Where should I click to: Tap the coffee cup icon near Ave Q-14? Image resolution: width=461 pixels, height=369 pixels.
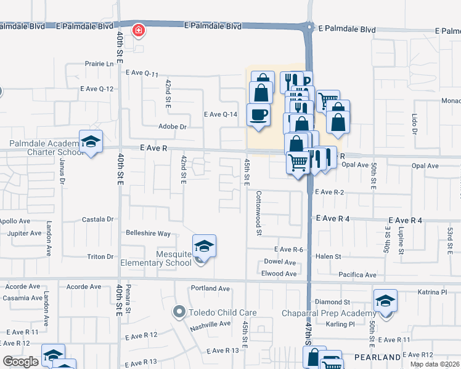[258, 114]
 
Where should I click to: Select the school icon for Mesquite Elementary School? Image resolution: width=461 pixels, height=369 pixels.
[204, 247]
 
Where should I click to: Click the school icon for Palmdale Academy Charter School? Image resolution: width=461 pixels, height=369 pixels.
[91, 142]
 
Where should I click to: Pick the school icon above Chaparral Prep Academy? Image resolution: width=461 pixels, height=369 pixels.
[385, 301]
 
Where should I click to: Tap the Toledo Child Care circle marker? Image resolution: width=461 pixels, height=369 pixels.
[179, 312]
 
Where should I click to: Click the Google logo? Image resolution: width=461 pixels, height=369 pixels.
[20, 361]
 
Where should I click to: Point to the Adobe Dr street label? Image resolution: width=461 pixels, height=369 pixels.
[173, 127]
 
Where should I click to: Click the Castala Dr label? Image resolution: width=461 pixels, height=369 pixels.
[99, 219]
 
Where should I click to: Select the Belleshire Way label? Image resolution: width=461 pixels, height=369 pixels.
[148, 234]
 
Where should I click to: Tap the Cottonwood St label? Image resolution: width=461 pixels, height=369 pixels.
[259, 212]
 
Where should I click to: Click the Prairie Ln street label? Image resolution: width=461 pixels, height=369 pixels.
[102, 64]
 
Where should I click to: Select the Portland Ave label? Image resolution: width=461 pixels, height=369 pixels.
[210, 288]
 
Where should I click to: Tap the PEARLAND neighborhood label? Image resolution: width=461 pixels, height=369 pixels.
[377, 357]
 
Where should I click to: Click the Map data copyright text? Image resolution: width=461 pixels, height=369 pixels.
[434, 364]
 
